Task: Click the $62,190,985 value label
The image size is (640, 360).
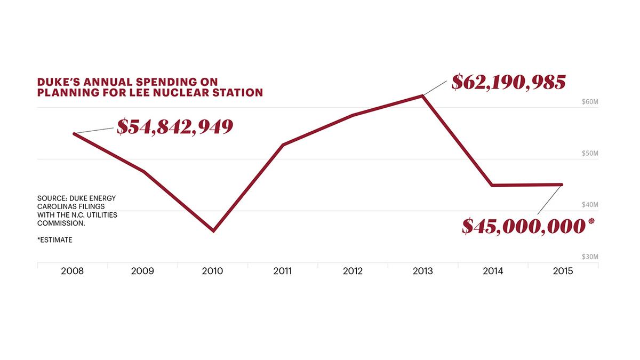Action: tap(508, 82)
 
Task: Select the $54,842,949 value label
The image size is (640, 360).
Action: tap(175, 126)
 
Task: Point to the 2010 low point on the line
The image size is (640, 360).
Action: tap(213, 231)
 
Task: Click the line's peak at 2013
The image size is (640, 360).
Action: tap(423, 96)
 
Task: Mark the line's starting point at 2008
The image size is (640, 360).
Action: tap(74, 133)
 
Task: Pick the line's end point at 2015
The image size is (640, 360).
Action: tap(562, 185)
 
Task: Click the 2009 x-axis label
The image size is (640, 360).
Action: tap(142, 271)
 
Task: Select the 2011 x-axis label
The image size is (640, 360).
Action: tap(283, 271)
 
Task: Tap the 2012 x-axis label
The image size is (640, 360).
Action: tap(353, 271)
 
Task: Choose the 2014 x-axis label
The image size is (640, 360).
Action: tap(493, 271)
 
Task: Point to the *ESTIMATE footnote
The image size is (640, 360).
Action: tap(55, 240)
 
